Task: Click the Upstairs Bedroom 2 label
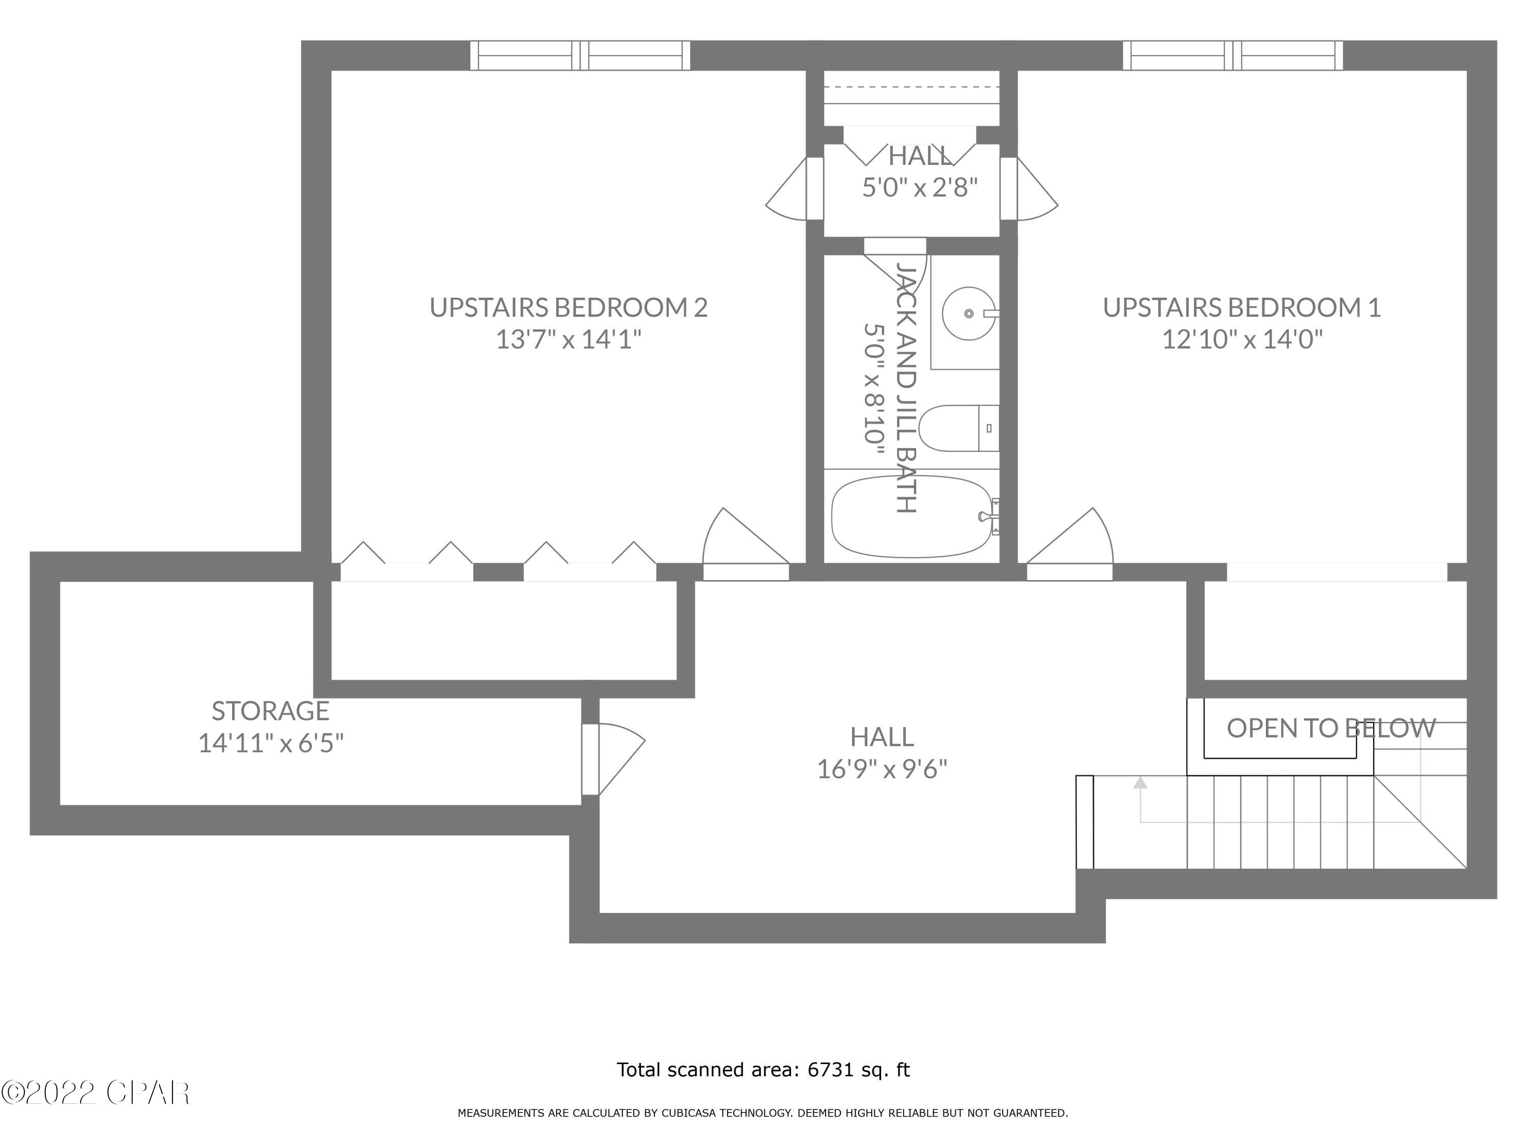(568, 307)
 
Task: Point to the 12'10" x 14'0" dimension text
(1242, 339)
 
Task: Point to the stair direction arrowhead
(1140, 783)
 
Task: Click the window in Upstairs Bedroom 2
(580, 55)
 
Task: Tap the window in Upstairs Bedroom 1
(1232, 55)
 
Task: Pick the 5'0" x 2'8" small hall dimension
(920, 187)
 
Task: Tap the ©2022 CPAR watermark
(95, 1093)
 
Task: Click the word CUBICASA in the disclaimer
(690, 1113)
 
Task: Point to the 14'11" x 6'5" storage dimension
(271, 743)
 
